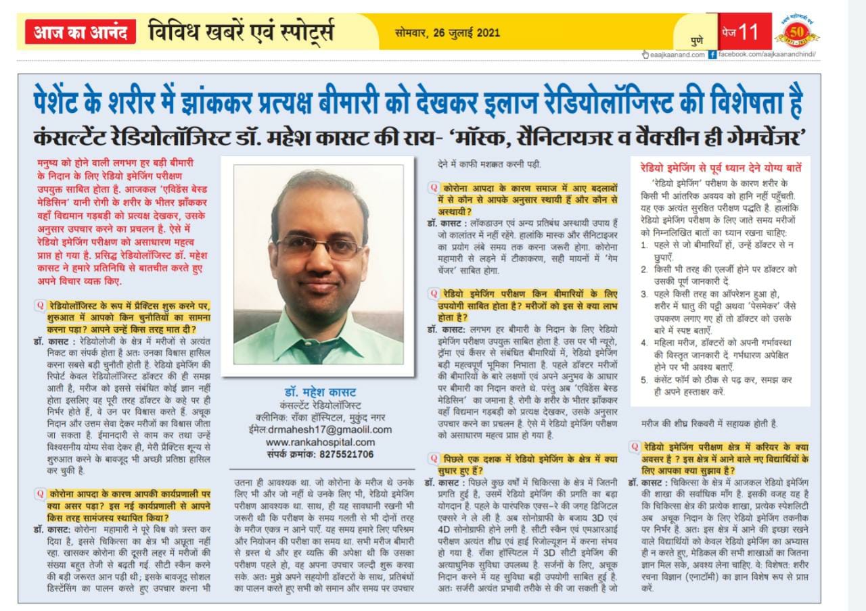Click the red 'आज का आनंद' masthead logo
tap(81, 32)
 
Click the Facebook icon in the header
tap(712, 54)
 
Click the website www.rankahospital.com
tap(320, 442)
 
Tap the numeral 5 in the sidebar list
tap(644, 379)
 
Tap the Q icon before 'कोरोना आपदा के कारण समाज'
tap(432, 187)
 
